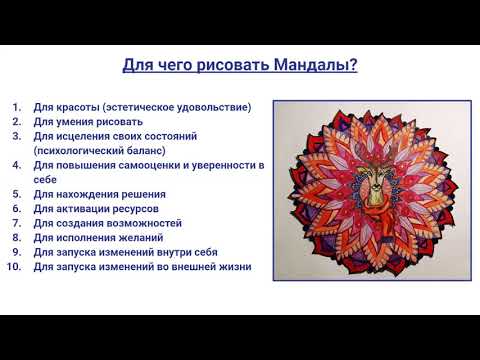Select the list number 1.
(18, 106)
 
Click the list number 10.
(17, 267)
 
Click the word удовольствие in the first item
(214, 106)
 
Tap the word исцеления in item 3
(89, 135)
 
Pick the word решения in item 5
(140, 193)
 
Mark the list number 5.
(18, 193)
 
